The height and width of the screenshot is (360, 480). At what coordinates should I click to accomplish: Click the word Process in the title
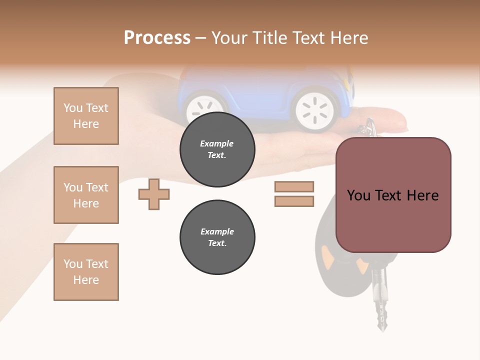tap(157, 37)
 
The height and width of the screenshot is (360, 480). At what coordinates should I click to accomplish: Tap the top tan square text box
tap(86, 116)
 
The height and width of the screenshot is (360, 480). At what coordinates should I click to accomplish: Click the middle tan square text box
tap(86, 195)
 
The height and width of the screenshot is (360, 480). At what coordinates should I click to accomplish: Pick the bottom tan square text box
tap(86, 272)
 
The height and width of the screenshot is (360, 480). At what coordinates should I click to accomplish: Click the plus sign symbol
tap(154, 193)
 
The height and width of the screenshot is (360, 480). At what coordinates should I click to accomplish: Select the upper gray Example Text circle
tap(217, 149)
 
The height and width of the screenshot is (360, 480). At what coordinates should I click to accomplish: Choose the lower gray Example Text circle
tap(217, 237)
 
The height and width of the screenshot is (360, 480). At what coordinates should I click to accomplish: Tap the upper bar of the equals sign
tap(294, 186)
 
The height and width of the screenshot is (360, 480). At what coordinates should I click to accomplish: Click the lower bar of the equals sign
tap(294, 201)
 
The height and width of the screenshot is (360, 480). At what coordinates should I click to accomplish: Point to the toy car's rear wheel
tap(314, 108)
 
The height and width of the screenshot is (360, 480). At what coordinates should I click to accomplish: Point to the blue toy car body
tap(260, 87)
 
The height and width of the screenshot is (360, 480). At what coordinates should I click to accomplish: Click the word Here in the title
tap(349, 37)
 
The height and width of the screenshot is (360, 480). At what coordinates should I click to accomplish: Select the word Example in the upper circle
tap(217, 143)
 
